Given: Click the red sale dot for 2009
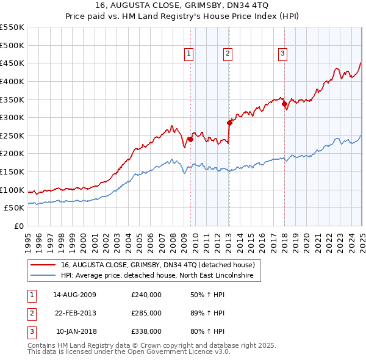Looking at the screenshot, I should coord(190,139).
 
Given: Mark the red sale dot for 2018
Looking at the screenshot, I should coord(284,104).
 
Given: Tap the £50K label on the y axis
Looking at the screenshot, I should coord(15,208).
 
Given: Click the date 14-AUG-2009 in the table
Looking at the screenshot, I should coord(74,295).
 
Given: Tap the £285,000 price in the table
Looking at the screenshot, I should coord(146,313).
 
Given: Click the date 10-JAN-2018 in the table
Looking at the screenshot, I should coord(76,331).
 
